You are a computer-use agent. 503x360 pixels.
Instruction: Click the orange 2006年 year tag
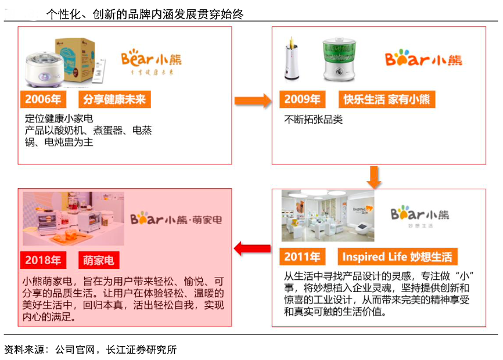pyautogui.click(x=44, y=99)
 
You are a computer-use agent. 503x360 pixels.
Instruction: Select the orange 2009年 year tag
pyautogui.click(x=302, y=99)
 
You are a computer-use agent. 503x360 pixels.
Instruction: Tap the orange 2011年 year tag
pyautogui.click(x=302, y=256)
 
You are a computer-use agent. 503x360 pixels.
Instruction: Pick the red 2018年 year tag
pyautogui.click(x=43, y=260)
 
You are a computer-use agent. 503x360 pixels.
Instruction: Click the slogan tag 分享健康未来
pyautogui.click(x=114, y=99)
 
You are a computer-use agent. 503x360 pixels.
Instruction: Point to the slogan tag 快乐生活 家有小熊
pyautogui.click(x=386, y=99)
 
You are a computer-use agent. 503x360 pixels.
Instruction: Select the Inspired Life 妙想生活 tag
pyautogui.click(x=397, y=256)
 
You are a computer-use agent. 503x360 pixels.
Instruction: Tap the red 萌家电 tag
pyautogui.click(x=98, y=260)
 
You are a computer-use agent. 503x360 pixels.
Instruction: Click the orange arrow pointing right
pyautogui.click(x=252, y=100)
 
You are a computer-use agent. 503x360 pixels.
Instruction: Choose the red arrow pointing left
pyautogui.click(x=252, y=249)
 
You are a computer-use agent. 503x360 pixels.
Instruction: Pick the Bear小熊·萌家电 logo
pyautogui.click(x=176, y=219)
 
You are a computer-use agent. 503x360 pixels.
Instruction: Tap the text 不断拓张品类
pyautogui.click(x=314, y=120)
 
